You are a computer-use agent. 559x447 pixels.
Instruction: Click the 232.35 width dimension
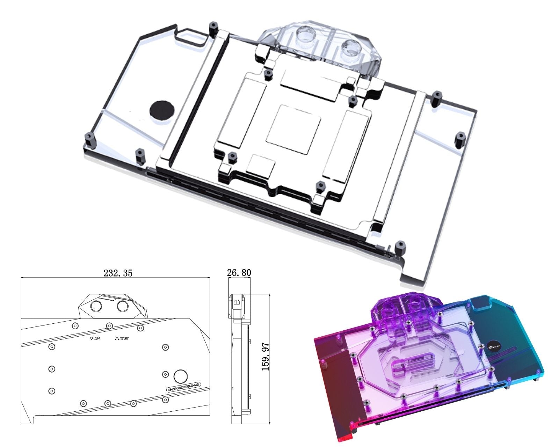(x=118, y=273)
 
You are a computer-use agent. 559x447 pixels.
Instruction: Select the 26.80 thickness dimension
(x=239, y=272)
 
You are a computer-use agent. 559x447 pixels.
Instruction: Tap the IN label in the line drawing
(x=95, y=338)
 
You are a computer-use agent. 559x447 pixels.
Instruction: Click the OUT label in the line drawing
(x=122, y=338)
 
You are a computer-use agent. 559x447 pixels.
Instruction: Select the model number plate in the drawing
(x=183, y=387)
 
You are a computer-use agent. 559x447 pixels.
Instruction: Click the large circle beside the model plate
(x=180, y=376)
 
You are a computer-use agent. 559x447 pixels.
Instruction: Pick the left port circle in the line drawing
(x=95, y=306)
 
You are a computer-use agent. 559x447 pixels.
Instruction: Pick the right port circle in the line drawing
(x=123, y=306)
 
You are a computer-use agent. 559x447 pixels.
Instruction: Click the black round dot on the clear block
(x=162, y=110)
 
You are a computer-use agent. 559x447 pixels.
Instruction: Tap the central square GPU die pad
(x=293, y=129)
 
